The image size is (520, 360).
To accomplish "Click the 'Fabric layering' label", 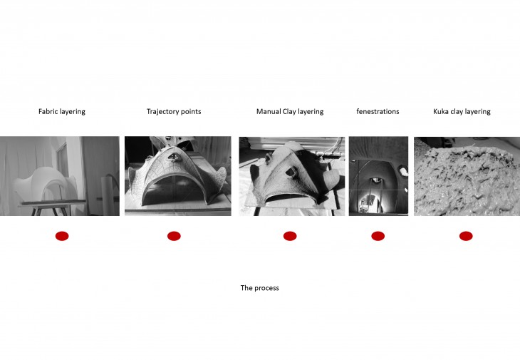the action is [x=62, y=112].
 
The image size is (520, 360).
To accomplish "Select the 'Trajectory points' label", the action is [x=174, y=112].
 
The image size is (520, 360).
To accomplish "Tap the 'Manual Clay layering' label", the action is [x=290, y=112].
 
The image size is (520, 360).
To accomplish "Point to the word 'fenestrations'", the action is [x=378, y=111].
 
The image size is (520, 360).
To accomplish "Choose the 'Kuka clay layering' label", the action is [x=462, y=112].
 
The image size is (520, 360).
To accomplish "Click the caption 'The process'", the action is [x=260, y=288].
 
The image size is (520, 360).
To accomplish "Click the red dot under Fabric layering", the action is [x=62, y=236].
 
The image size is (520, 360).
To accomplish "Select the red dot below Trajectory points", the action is [x=174, y=236].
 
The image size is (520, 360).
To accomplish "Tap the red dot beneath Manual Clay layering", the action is [x=290, y=236].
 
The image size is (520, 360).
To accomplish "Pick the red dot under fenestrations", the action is [x=378, y=236].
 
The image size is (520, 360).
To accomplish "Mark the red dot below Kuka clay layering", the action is [x=466, y=236].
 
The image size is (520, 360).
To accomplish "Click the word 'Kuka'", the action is [x=440, y=111].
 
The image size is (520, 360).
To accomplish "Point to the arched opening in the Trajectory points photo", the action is [x=177, y=192].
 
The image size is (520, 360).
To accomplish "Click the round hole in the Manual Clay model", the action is [x=291, y=171].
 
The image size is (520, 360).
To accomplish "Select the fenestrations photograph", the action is [x=378, y=176].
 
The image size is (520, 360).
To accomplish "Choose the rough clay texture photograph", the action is [x=467, y=176].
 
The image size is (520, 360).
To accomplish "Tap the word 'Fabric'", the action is [x=48, y=111].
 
